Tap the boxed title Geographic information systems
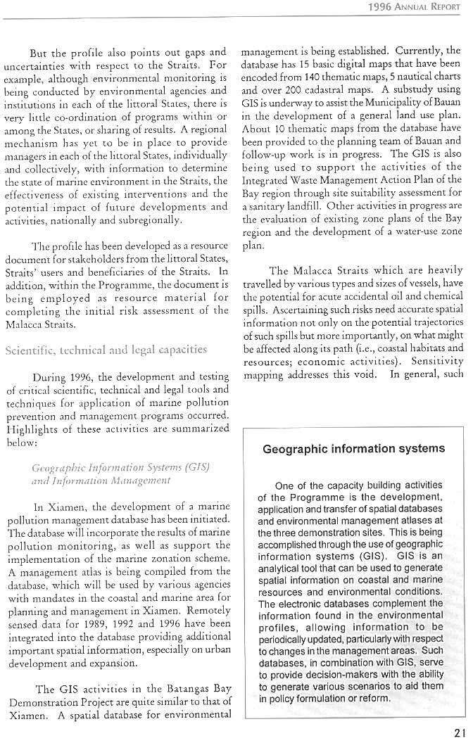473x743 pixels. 353,449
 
